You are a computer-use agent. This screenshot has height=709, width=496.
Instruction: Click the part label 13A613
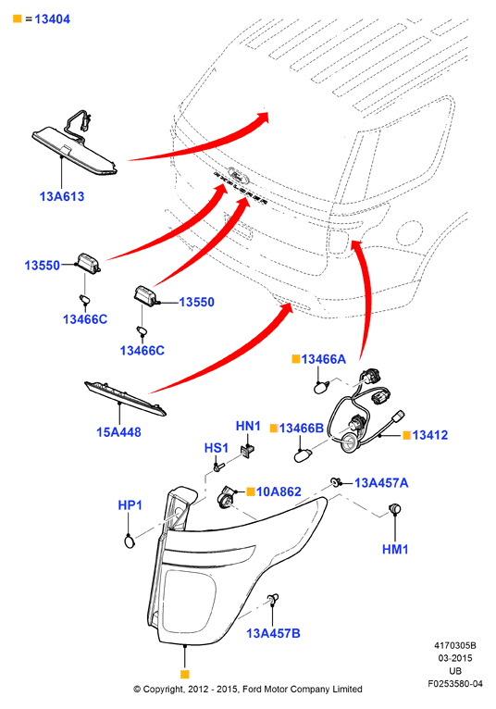62,196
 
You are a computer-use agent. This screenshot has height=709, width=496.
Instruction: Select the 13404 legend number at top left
53,19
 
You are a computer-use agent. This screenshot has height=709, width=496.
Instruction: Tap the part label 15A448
118,432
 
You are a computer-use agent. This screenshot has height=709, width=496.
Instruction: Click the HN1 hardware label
248,426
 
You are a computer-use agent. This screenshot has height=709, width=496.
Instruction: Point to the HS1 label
217,448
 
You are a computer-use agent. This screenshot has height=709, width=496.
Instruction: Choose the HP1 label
130,504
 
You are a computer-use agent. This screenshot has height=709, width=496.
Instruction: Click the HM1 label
395,549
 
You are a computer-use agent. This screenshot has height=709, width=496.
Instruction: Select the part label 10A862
279,491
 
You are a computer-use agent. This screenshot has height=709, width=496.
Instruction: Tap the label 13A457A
381,483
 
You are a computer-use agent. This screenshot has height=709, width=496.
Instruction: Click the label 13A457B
273,633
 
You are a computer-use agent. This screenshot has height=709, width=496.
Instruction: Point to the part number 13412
430,435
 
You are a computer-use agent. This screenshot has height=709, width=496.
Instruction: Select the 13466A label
323,359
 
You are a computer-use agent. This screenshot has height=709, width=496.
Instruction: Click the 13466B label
301,428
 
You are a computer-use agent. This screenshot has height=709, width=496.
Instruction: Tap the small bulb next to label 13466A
321,387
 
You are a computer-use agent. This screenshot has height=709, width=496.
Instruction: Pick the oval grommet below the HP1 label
130,541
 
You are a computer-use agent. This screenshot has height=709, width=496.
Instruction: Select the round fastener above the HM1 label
396,508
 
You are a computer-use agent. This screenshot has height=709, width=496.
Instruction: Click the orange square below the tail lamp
184,674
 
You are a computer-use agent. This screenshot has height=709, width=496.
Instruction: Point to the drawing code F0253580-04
455,684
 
